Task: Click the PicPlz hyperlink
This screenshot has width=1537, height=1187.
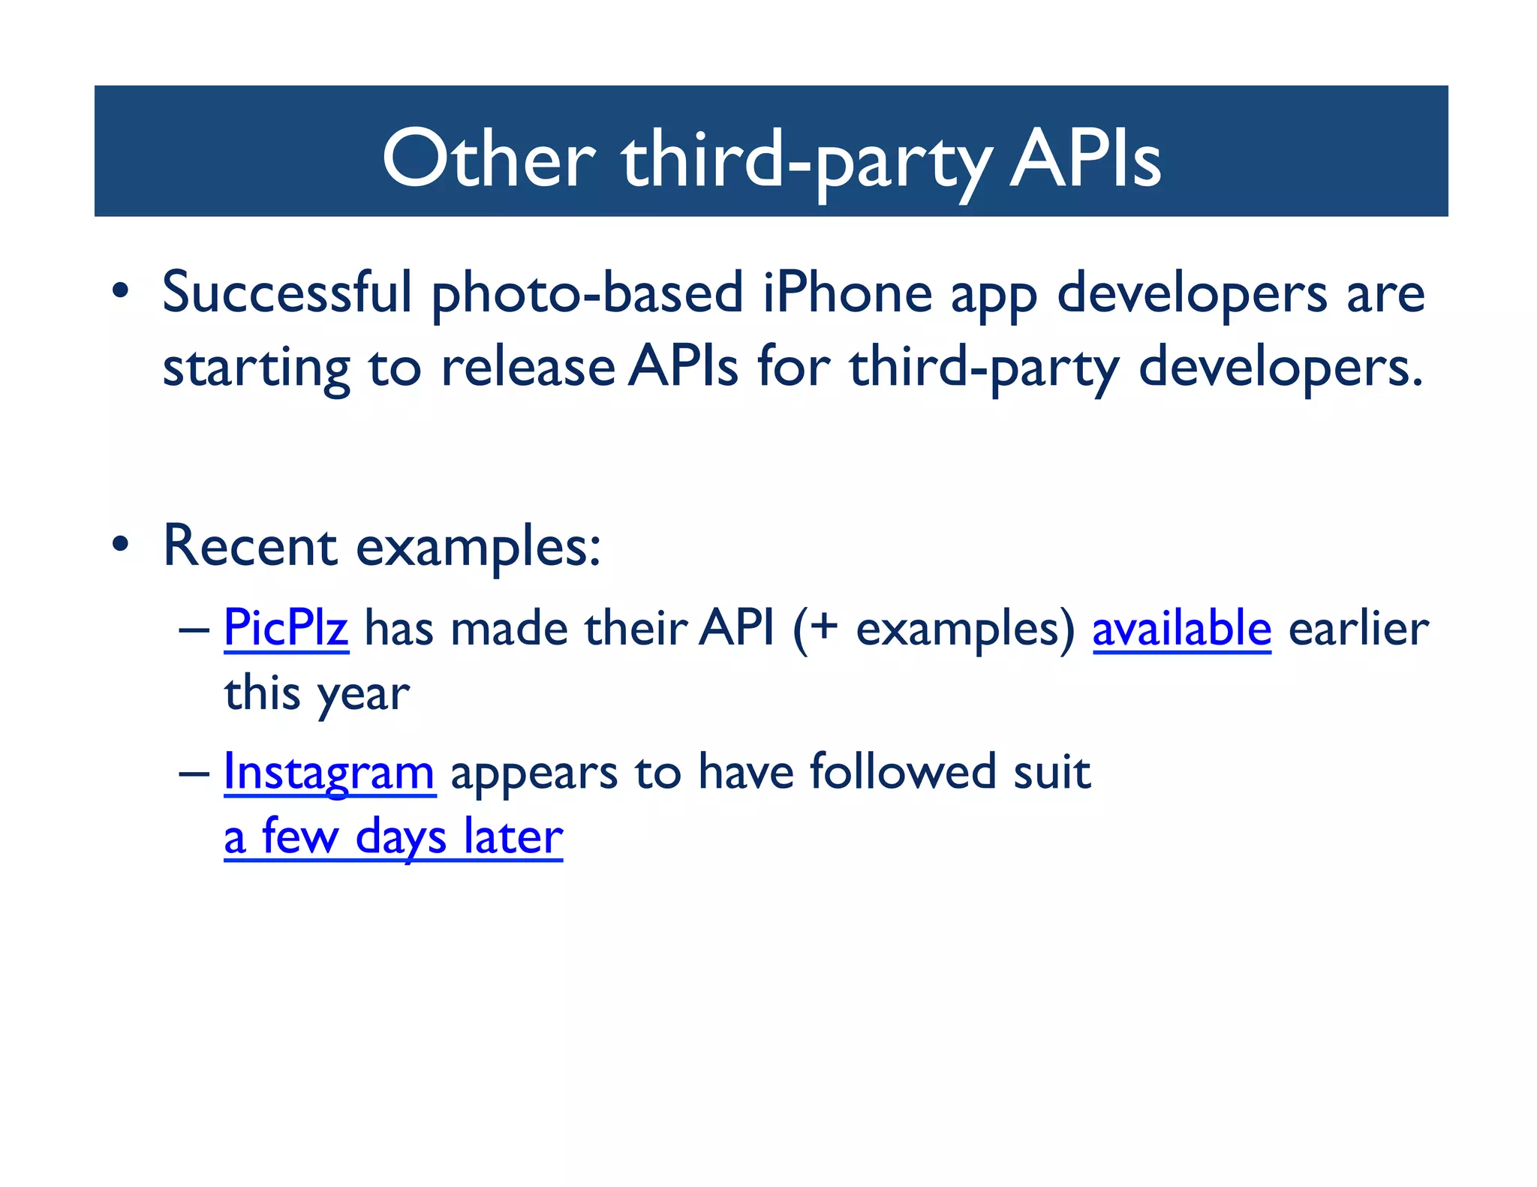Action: click(286, 628)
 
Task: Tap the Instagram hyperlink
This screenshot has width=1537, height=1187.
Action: click(329, 772)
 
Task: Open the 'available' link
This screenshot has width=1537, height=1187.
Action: click(1181, 628)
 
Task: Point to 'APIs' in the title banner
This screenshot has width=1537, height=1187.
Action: click(1085, 159)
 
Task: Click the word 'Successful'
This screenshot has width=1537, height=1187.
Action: click(287, 293)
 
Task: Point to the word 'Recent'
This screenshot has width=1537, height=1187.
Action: click(250, 546)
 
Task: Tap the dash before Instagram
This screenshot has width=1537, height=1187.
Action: click(194, 774)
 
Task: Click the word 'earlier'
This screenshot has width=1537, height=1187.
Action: click(1358, 628)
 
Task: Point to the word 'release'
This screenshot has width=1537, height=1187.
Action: click(528, 368)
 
